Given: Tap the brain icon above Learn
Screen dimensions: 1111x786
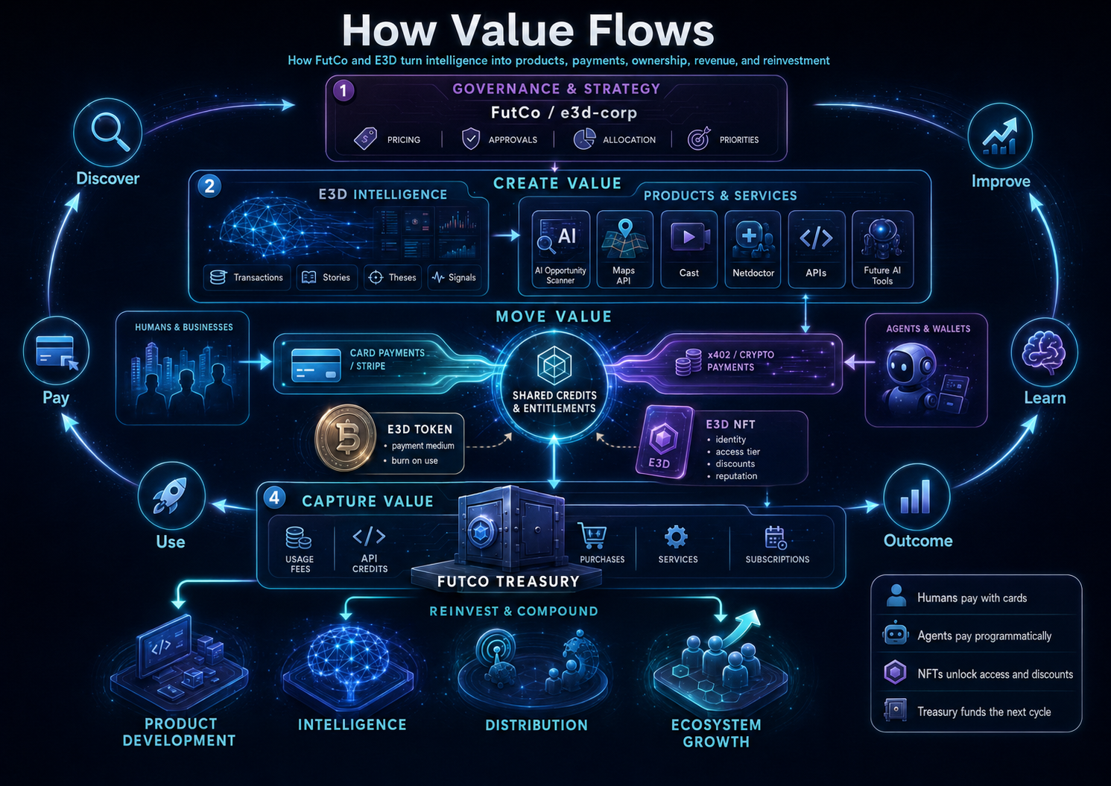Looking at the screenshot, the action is pos(1043,352).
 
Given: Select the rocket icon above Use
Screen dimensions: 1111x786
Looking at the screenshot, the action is pos(170,495).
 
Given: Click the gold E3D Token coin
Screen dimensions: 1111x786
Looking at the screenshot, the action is pos(346,437).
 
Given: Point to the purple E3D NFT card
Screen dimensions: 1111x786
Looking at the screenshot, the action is pos(664,442).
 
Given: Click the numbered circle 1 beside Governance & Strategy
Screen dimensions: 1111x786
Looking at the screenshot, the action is pos(344,91).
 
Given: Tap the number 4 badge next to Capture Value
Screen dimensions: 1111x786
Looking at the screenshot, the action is pos(274,498).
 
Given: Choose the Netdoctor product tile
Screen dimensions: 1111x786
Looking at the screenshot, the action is pos(753,249).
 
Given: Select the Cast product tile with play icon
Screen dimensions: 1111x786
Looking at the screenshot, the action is pos(689,249).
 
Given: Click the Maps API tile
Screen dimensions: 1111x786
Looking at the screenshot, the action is pos(624,249).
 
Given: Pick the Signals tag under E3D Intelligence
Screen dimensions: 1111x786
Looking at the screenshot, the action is pos(454,277).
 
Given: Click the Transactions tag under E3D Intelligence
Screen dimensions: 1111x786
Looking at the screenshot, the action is pos(247,277).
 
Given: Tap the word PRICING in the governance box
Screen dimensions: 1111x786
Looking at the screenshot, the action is pos(404,140).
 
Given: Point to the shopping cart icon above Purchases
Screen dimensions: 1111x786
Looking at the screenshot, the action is pos(592,536).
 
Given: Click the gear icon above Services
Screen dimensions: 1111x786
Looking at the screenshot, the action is pos(676,536).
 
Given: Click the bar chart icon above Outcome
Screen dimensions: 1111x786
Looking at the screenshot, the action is pos(916,496).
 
